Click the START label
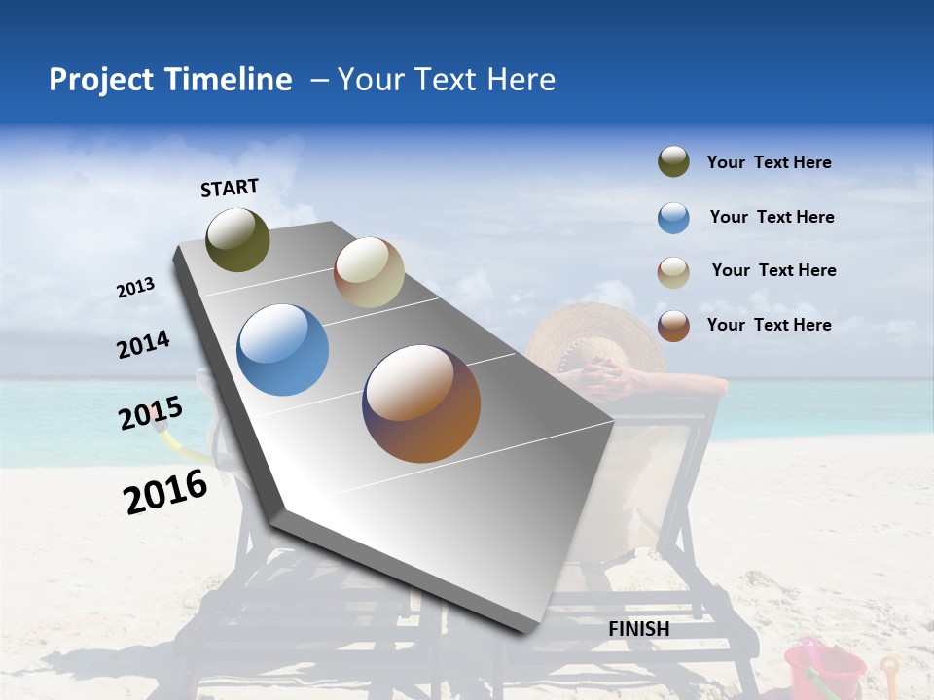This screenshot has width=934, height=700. point(230,188)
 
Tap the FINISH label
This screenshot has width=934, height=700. point(638,629)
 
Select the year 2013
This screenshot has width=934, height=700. point(135,288)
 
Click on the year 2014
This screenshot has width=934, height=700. point(143,344)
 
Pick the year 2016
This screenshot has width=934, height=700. point(165,492)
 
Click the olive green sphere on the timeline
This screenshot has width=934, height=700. point(237,239)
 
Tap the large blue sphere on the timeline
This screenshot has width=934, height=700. point(282,350)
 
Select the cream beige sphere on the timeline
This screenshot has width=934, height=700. point(369,272)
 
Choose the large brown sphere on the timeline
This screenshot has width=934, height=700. point(421,403)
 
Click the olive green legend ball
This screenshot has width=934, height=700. point(673,161)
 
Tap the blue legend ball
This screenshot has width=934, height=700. point(673,218)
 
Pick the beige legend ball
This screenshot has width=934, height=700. point(673,272)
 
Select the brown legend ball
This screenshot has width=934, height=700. point(673,326)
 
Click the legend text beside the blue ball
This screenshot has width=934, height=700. point(772,217)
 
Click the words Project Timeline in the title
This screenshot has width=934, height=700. point(170,80)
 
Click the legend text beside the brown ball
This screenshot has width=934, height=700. point(769,325)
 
